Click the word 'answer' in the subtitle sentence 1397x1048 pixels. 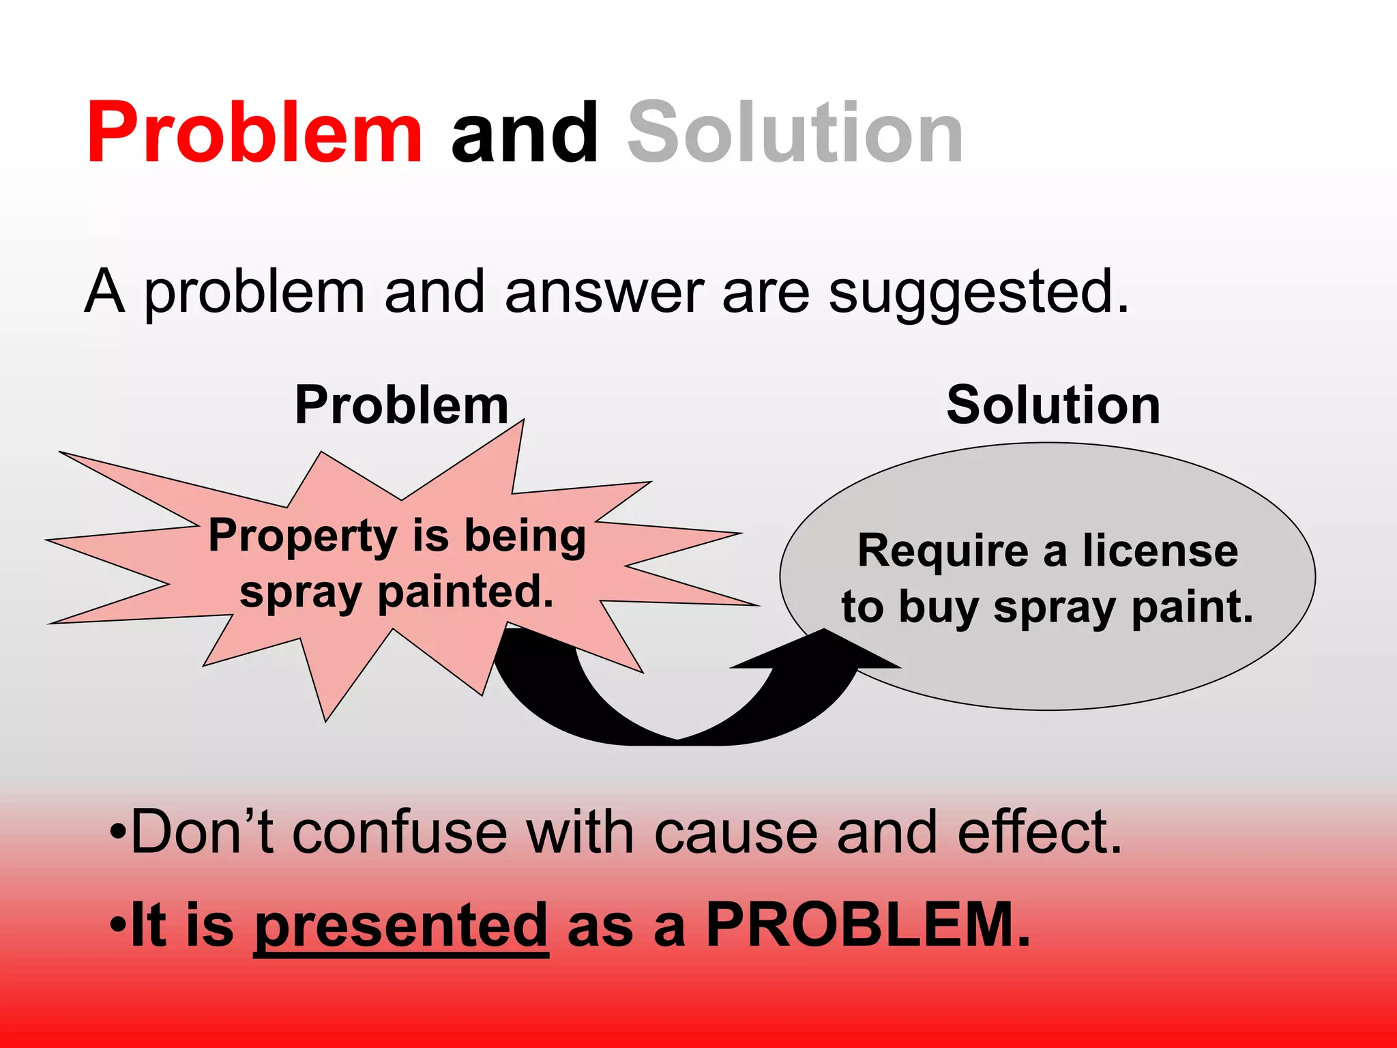click(x=604, y=292)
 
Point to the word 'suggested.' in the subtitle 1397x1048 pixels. click(x=979, y=292)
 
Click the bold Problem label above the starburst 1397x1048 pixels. click(x=402, y=405)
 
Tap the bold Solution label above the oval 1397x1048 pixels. click(x=1053, y=405)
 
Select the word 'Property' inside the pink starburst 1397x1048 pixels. click(x=302, y=537)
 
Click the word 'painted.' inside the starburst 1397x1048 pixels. click(x=465, y=592)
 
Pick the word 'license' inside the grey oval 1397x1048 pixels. click(x=1160, y=551)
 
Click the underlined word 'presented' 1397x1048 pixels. click(x=401, y=926)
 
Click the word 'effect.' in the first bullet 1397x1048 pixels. click(x=1040, y=832)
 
